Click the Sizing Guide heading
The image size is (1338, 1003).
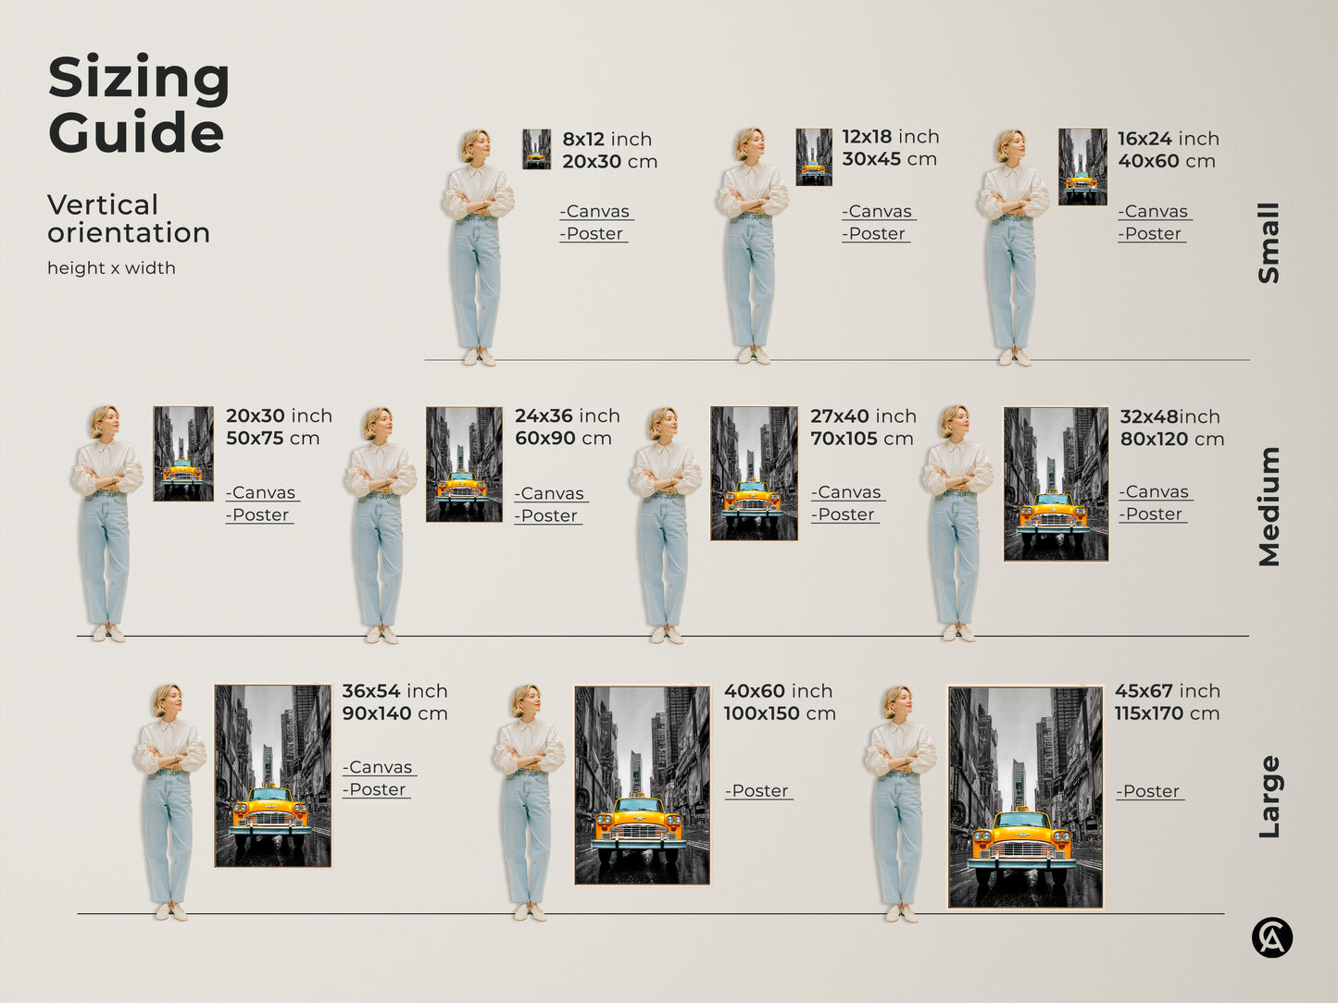[138, 104]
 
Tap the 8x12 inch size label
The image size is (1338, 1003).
[606, 139]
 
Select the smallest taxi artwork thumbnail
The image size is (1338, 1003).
[536, 149]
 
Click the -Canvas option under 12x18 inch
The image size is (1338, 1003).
[877, 211]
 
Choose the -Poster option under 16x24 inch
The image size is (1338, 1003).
[1151, 234]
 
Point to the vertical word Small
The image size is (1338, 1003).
[1269, 242]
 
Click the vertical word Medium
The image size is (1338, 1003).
[1269, 506]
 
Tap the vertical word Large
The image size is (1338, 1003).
[1269, 797]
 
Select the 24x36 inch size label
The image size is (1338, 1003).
[567, 416]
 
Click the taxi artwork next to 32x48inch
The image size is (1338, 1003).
[1056, 484]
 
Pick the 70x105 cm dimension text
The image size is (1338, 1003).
[861, 439]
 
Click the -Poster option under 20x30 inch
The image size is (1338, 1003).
[258, 515]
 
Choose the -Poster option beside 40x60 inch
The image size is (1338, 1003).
[758, 791]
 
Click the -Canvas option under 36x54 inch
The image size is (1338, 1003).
[379, 767]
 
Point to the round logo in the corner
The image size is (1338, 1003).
[1271, 938]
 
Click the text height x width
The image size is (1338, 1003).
[111, 268]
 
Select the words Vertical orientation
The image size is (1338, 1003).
[128, 218]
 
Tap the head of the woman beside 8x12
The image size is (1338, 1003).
[475, 146]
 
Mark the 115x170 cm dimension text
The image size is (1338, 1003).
[1167, 713]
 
